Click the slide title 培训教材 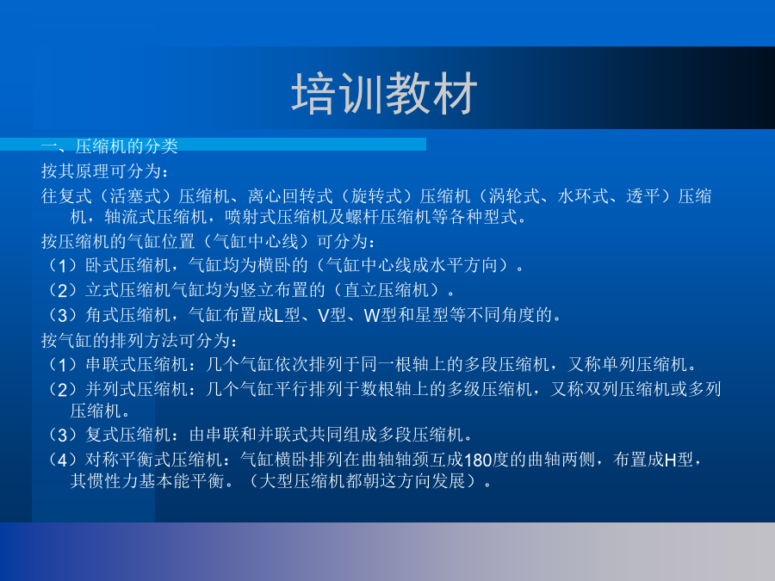tap(384, 93)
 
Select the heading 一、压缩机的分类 tap(109, 146)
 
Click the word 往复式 tap(66, 196)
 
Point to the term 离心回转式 tap(289, 196)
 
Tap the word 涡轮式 tap(514, 196)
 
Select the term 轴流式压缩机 tap(156, 216)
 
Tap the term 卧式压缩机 tap(128, 265)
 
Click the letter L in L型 tap(278, 315)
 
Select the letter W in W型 tap(372, 315)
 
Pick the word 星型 tap(431, 315)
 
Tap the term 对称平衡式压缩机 tap(154, 460)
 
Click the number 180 tap(478, 460)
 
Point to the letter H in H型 tap(670, 460)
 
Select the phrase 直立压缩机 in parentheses tap(386, 289)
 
